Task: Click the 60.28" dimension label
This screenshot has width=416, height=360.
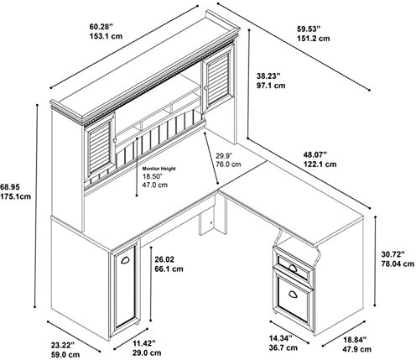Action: tap(101, 27)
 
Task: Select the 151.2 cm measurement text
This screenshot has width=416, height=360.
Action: tap(313, 39)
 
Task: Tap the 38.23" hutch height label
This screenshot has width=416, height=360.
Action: tap(268, 76)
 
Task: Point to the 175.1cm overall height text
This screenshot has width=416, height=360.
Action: tap(15, 196)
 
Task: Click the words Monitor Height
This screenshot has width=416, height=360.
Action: tap(159, 169)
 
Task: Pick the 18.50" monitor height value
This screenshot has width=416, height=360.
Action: tap(153, 176)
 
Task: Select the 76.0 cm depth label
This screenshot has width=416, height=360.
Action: tap(228, 164)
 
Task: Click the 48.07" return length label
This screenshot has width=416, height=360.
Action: tap(315, 154)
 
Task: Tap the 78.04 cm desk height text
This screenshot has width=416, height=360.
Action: tap(398, 263)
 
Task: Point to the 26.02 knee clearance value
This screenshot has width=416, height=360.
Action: tap(164, 259)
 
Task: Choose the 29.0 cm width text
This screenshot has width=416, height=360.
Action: tap(147, 352)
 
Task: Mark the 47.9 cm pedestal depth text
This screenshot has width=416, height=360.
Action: tap(357, 349)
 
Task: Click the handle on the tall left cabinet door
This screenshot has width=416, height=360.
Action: tap(125, 260)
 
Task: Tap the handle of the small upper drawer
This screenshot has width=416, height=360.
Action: tap(293, 268)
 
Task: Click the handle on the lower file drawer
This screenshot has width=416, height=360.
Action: tap(293, 294)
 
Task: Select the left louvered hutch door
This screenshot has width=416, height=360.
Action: tap(100, 147)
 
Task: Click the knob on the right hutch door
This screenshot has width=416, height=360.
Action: tap(206, 88)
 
